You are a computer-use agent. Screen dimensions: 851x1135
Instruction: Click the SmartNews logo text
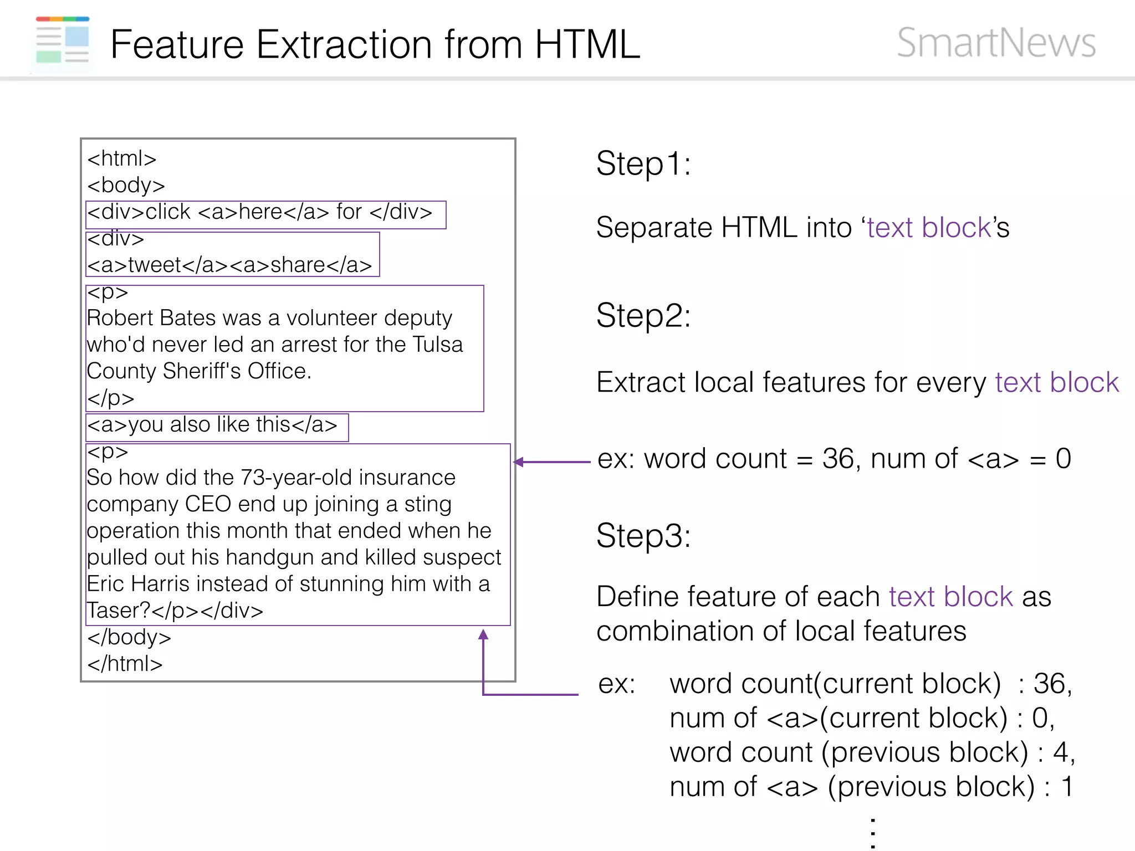coord(996,43)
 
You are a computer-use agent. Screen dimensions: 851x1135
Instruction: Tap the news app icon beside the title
coord(63,40)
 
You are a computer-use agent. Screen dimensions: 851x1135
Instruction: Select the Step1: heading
coord(643,164)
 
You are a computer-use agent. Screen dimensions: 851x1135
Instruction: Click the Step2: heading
coord(643,316)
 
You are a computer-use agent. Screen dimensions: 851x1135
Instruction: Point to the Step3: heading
coord(643,536)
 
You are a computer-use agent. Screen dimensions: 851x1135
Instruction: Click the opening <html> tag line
coord(122,159)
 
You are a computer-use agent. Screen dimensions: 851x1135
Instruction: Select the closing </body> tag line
coord(129,637)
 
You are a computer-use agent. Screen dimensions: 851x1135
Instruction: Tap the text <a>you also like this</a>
coord(212,425)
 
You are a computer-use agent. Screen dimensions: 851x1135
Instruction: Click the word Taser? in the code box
coord(118,611)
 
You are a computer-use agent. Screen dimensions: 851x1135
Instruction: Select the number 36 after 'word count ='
coord(838,459)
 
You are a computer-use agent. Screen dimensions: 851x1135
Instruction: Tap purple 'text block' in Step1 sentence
coord(929,228)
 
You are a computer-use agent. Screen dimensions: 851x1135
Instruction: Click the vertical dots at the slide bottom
coord(873,832)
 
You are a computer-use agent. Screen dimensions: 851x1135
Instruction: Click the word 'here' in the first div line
coord(260,212)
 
